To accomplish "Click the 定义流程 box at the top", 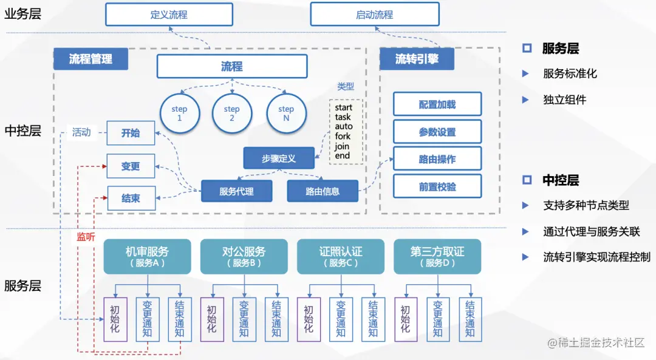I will tap(169, 15).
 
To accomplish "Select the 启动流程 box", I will tap(374, 15).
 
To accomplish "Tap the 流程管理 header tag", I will tap(91, 59).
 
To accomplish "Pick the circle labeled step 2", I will tap(231, 114).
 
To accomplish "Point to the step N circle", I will tap(286, 114).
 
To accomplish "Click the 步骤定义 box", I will tap(279, 158).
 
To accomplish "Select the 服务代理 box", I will tap(236, 191).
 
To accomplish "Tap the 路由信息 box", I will tap(323, 191).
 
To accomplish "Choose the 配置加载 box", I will tap(437, 104).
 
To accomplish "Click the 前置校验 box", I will tap(437, 187).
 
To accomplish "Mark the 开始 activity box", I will tap(131, 133).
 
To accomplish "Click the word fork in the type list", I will tap(343, 137).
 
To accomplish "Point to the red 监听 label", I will tap(86, 237).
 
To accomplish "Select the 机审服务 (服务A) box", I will tap(147, 256).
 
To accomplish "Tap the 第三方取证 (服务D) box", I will tap(437, 256).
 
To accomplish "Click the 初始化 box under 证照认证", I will tap(309, 319).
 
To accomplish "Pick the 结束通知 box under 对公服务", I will tap(276, 319).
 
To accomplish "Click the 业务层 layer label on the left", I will tap(22, 15).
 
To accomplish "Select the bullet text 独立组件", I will tap(564, 100).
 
